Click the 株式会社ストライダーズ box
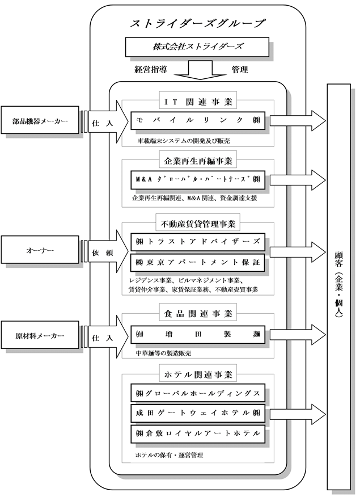coord(197,47)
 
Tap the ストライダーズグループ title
coord(197,23)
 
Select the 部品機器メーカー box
coord(40,120)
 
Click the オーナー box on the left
coord(40,250)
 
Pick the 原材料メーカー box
coord(40,335)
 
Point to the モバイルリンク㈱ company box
coord(198,120)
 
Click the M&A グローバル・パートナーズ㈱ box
coord(198,179)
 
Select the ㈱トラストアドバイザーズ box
coord(198,242)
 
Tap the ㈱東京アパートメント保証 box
coord(198,263)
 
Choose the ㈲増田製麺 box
coord(198,335)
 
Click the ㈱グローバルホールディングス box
coord(198,393)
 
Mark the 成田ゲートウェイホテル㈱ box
coord(198,413)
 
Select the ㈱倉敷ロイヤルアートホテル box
coord(198,433)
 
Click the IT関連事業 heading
coord(198,102)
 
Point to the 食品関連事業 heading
coord(198,313)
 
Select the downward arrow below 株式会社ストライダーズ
coord(201,70)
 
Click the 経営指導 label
coord(151,69)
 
